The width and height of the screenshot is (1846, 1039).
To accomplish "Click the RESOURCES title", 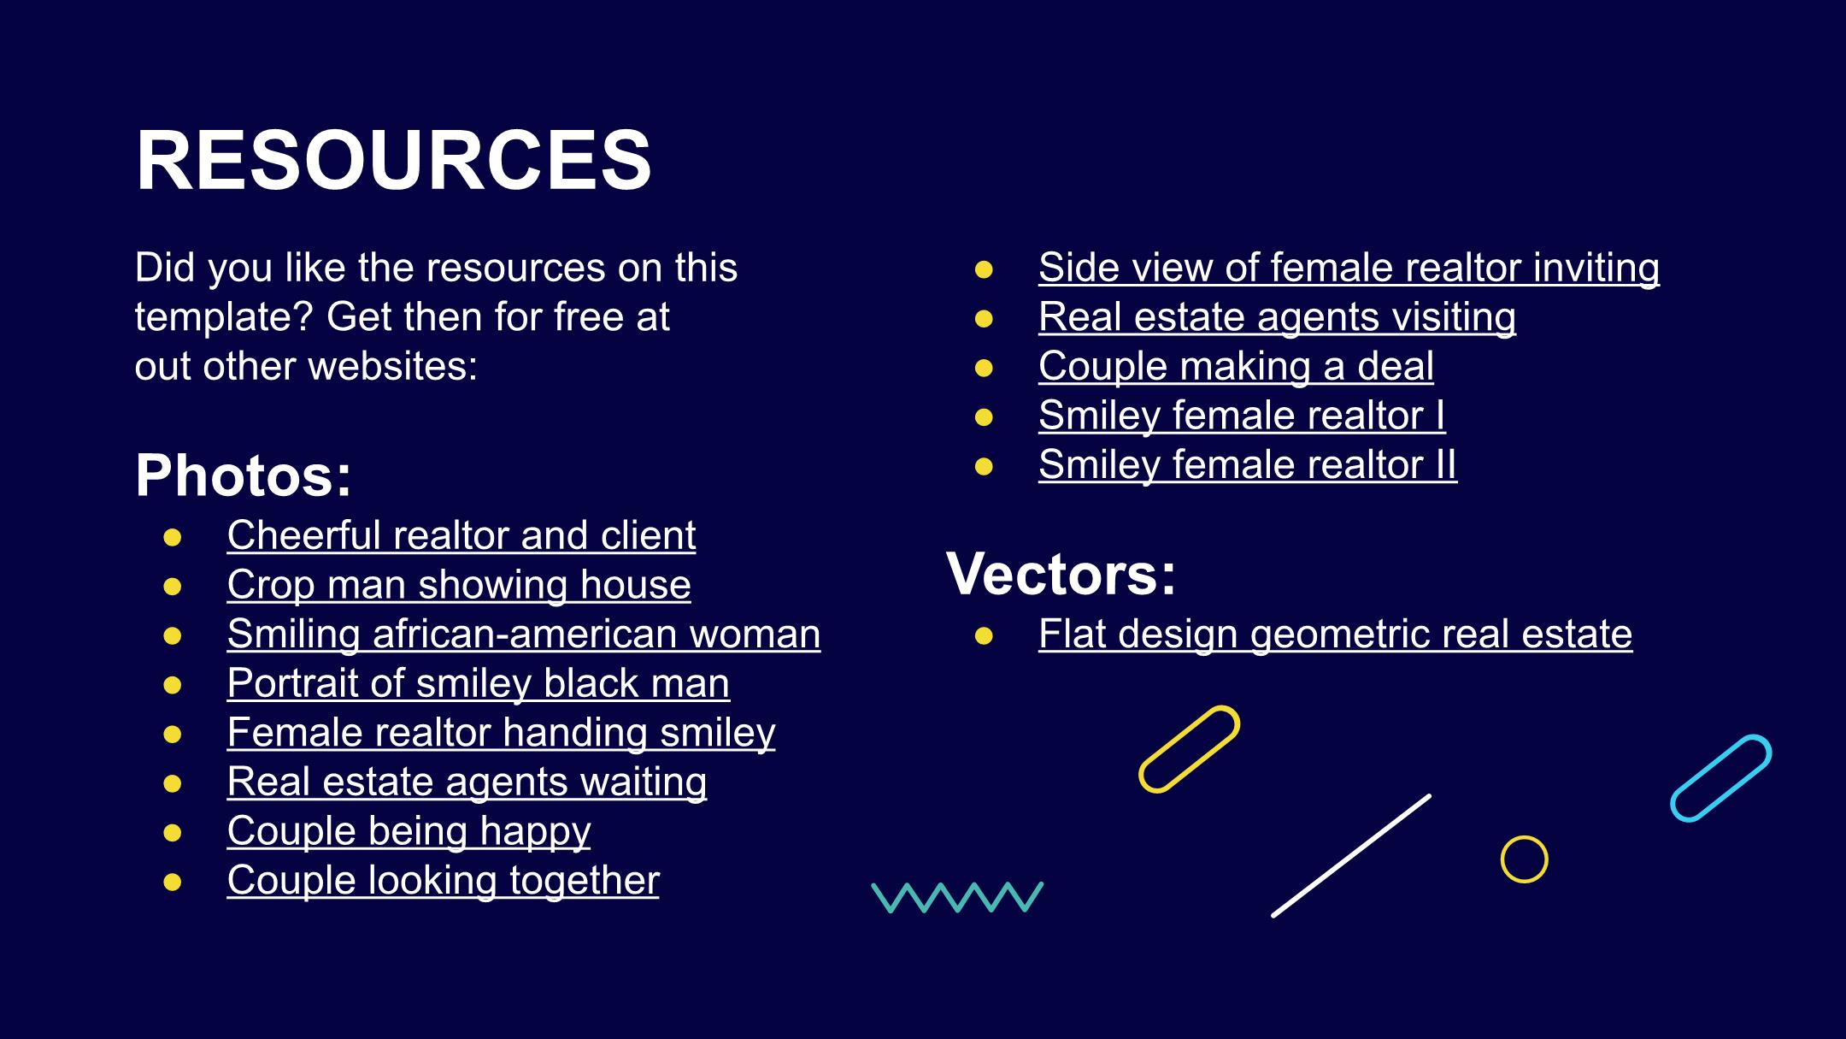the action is click(x=394, y=160).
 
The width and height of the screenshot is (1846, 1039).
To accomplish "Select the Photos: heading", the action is click(x=244, y=475).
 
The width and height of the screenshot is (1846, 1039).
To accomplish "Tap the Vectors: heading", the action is click(x=1061, y=573).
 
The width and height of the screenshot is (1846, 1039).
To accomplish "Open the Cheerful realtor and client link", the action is click(x=461, y=536).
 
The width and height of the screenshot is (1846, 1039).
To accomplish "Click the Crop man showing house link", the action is click(x=459, y=586).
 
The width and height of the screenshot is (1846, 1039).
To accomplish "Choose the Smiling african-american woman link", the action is click(x=524, y=635).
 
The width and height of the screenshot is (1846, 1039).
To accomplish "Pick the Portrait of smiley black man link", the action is click(x=479, y=684).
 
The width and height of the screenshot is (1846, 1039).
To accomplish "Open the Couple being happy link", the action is click(x=409, y=832).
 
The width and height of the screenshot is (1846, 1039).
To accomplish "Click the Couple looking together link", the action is click(x=444, y=881).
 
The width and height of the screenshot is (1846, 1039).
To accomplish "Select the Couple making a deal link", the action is click(x=1236, y=367).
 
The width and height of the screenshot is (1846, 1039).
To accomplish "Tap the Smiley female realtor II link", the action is click(x=1248, y=465).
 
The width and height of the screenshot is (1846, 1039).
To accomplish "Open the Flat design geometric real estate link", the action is click(x=1336, y=635).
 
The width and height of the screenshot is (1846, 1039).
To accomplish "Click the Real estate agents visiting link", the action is click(x=1278, y=317).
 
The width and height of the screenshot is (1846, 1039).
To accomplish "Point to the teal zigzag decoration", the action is click(x=958, y=897).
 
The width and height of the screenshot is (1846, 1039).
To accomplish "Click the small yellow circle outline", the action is click(x=1525, y=836).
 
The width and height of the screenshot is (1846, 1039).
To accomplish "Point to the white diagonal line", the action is click(x=1351, y=856).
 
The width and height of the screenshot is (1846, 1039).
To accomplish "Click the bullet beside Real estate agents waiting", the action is click(x=173, y=782).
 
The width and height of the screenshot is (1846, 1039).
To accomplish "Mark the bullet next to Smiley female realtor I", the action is click(x=984, y=417).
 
